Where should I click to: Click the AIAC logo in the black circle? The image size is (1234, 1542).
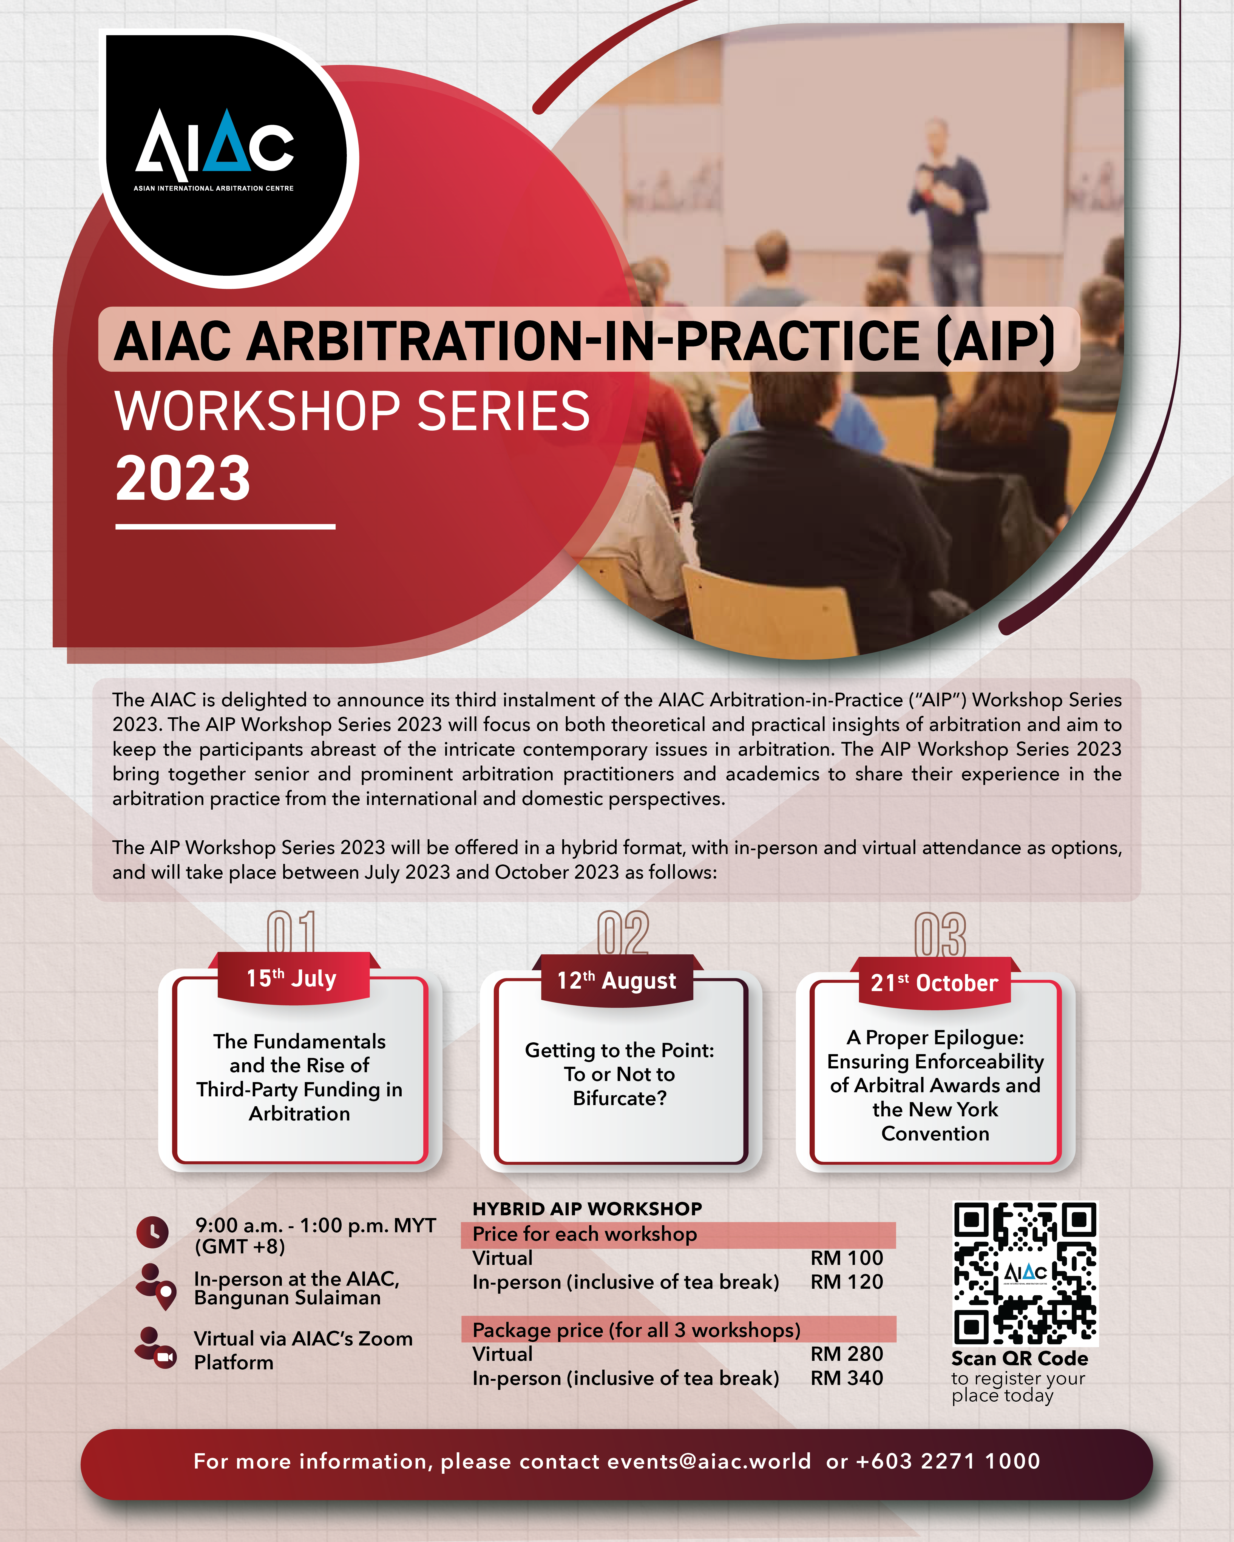(x=214, y=150)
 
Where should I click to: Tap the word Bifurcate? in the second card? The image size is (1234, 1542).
(x=620, y=1098)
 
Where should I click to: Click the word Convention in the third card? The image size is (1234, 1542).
(x=935, y=1134)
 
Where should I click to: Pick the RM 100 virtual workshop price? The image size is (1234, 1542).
(x=846, y=1258)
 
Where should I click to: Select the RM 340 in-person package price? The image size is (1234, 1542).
(x=846, y=1378)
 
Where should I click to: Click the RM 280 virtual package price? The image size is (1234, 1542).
(x=846, y=1354)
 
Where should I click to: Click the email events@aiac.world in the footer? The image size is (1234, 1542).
(x=709, y=1461)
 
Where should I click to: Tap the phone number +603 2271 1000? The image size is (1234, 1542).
(x=948, y=1461)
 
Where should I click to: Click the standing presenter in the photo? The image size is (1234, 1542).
(x=946, y=215)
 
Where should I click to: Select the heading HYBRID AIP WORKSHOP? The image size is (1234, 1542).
(x=587, y=1209)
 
